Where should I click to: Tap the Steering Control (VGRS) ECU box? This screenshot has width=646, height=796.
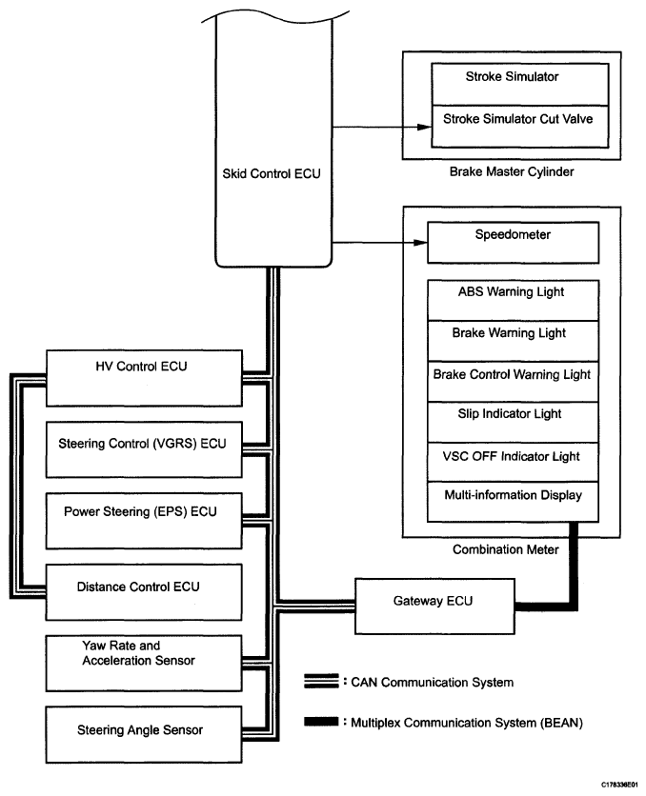pyautogui.click(x=142, y=444)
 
